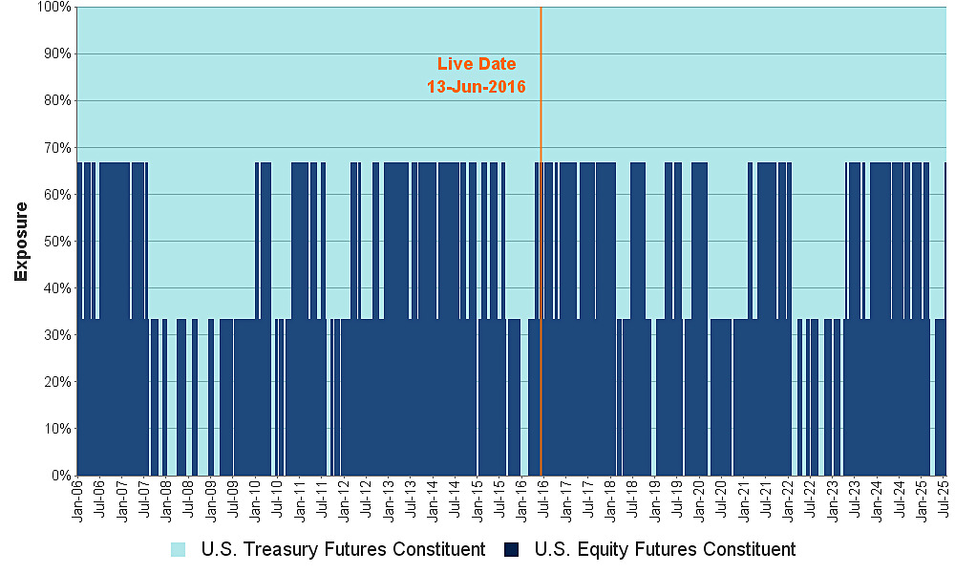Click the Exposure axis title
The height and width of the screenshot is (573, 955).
(21, 241)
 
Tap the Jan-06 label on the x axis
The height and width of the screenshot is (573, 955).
(77, 499)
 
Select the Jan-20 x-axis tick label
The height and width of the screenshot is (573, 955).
(699, 499)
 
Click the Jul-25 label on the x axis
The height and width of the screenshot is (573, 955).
(944, 499)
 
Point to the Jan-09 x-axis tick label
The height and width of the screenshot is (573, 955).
(211, 499)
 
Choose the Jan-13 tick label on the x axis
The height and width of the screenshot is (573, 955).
(389, 499)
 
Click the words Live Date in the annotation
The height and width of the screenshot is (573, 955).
(477, 64)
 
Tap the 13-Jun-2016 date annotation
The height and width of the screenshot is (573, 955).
(477, 86)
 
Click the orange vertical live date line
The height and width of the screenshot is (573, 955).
(541, 286)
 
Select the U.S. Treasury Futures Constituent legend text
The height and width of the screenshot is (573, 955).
(343, 549)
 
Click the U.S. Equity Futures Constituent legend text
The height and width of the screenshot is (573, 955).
(665, 549)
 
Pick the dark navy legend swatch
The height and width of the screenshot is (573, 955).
(514, 549)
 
